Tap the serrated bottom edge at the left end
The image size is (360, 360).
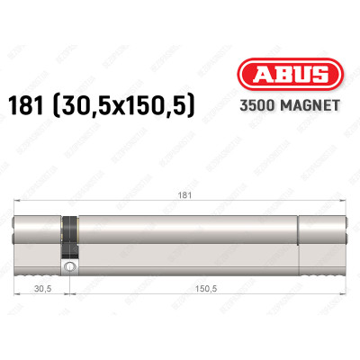[36, 271]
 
